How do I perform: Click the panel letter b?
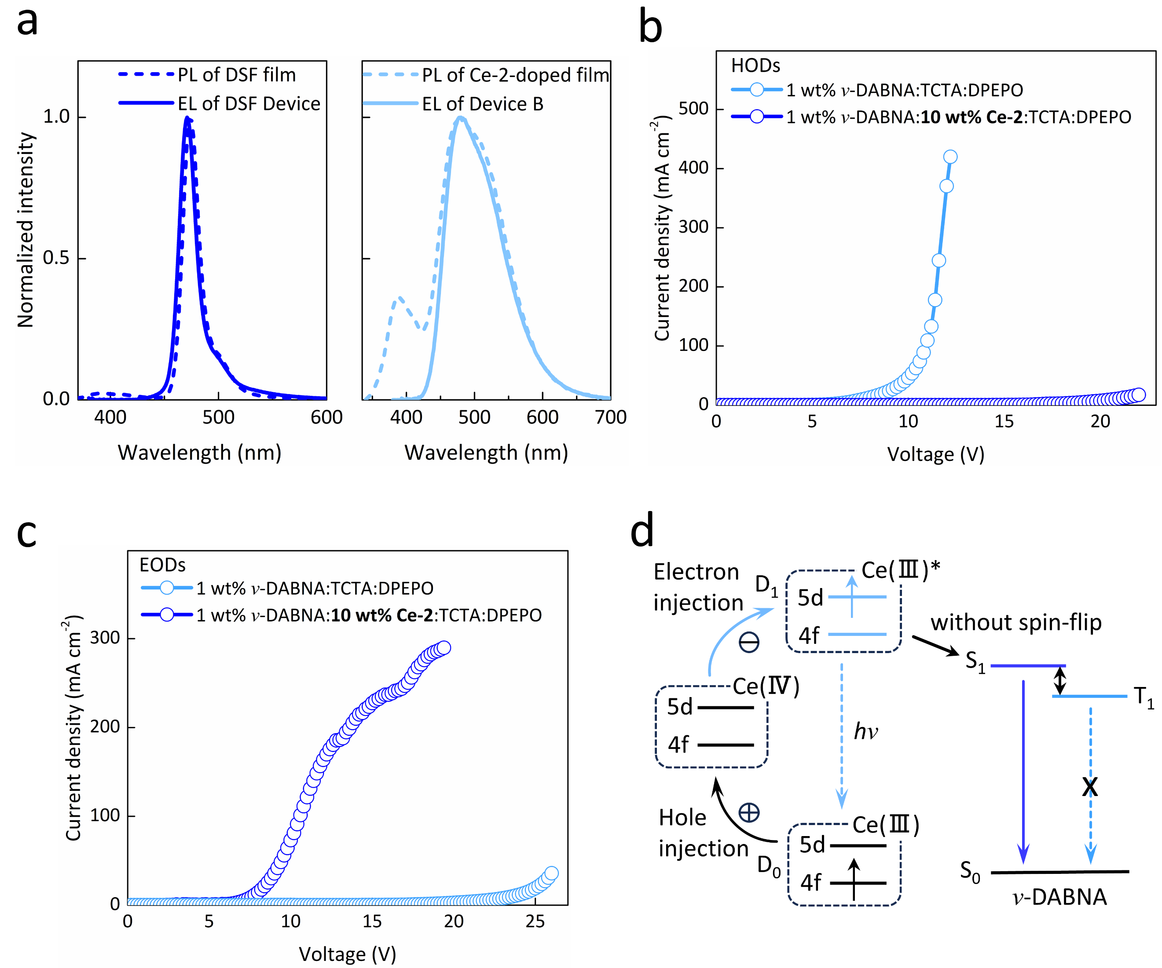(650, 26)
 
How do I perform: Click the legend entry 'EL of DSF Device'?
(249, 103)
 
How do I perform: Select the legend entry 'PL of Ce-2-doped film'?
(515, 75)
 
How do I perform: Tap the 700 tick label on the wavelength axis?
(610, 417)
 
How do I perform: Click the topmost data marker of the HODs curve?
(950, 157)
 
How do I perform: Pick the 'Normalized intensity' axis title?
(26, 230)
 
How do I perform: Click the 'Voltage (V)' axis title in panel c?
(348, 953)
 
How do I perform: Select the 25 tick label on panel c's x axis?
(535, 921)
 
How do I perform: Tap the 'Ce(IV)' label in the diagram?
(766, 686)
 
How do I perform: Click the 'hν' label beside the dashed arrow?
(866, 731)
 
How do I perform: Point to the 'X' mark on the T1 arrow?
(1089, 786)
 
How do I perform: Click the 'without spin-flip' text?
(1016, 622)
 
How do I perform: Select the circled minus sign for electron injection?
(749, 642)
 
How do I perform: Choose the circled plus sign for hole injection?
(749, 813)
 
